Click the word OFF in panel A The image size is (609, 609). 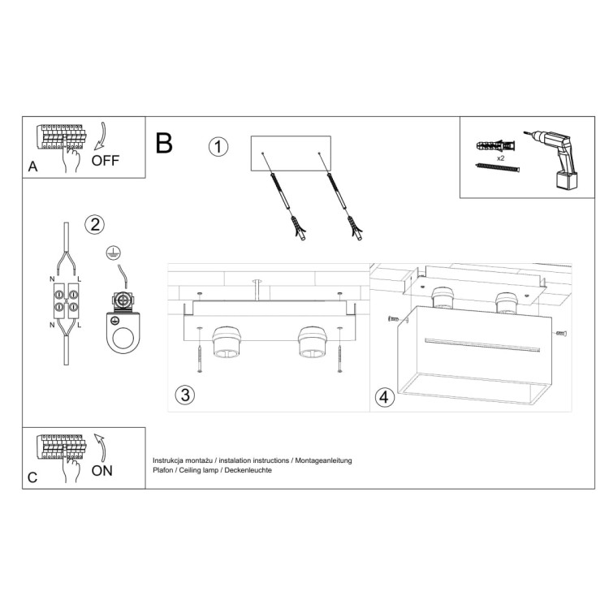pyautogui.click(x=105, y=160)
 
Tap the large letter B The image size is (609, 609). pyautogui.click(x=164, y=145)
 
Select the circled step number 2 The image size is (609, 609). pyautogui.click(x=95, y=225)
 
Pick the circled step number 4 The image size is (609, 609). pyautogui.click(x=385, y=397)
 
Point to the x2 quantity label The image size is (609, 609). pyautogui.click(x=501, y=158)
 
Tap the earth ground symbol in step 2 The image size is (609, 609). pyautogui.click(x=113, y=253)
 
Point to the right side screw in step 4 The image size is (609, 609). pyautogui.click(x=559, y=334)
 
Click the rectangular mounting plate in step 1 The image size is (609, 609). pyautogui.click(x=291, y=153)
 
